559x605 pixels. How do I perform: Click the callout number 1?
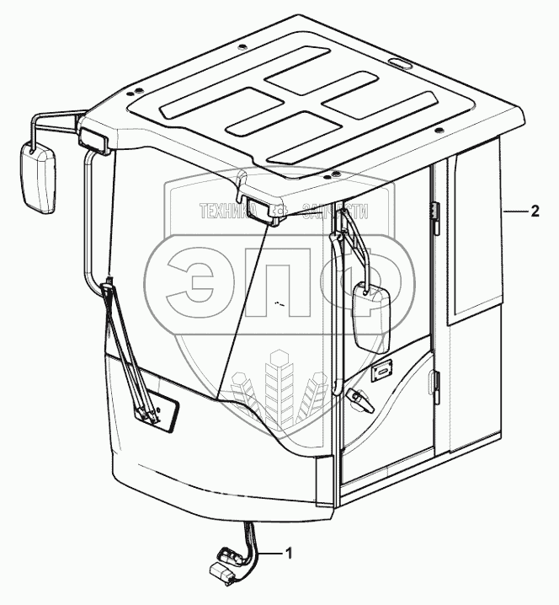(x=290, y=554)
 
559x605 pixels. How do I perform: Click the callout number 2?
(x=535, y=211)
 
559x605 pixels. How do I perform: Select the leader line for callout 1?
(x=269, y=554)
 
